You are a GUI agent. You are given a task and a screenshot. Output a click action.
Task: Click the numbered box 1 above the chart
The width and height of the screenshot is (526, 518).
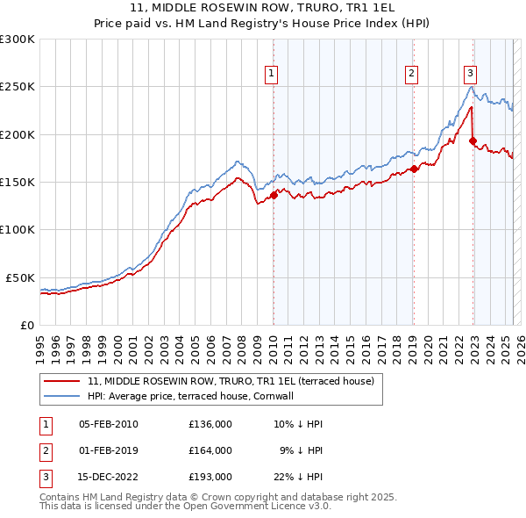click(x=273, y=75)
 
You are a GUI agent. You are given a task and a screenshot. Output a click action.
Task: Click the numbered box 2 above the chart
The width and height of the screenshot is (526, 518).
click(x=412, y=75)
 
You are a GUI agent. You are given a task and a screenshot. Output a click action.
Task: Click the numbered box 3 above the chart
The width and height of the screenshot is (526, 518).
click(x=471, y=75)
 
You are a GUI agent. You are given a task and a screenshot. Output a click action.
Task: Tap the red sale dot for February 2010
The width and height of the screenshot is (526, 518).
click(x=274, y=196)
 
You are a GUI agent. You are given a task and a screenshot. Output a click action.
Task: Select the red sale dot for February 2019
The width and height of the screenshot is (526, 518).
click(x=413, y=169)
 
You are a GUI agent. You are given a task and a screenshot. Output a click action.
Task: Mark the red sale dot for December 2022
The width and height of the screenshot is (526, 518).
click(x=473, y=140)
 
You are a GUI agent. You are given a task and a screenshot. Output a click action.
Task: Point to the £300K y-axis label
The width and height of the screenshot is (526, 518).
click(x=18, y=40)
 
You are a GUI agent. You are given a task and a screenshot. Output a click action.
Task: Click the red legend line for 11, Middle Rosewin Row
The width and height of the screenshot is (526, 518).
click(x=62, y=381)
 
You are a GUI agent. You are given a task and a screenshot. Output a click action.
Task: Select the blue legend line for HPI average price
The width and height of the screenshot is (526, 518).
click(x=62, y=396)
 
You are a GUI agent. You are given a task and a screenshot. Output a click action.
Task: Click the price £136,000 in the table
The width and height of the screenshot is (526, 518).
click(x=210, y=424)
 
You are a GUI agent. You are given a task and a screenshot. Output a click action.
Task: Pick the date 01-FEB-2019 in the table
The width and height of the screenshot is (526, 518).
click(x=109, y=450)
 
